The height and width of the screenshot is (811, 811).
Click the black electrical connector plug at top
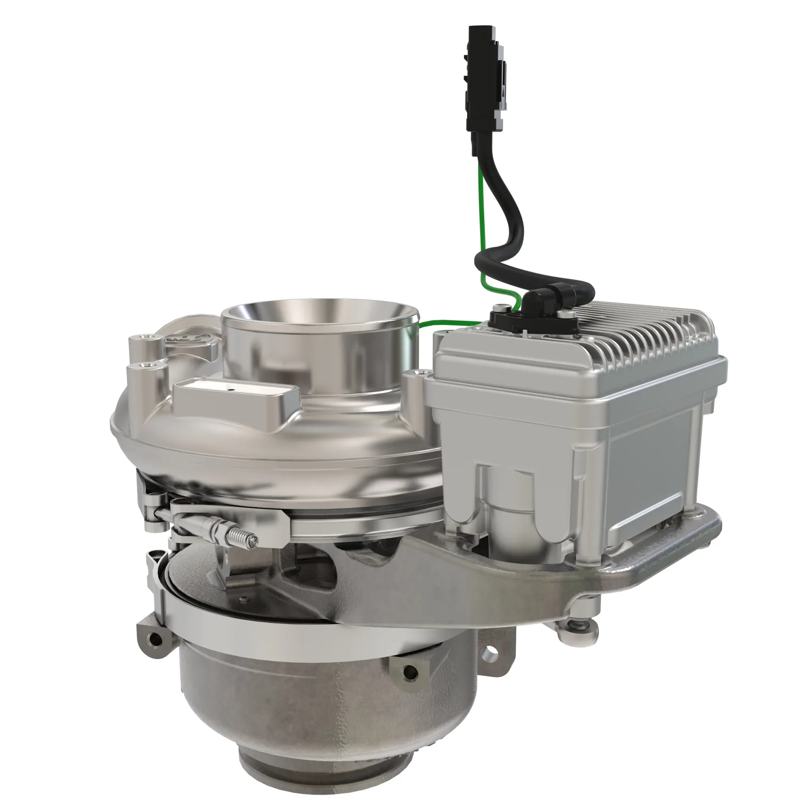(x=483, y=80)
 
